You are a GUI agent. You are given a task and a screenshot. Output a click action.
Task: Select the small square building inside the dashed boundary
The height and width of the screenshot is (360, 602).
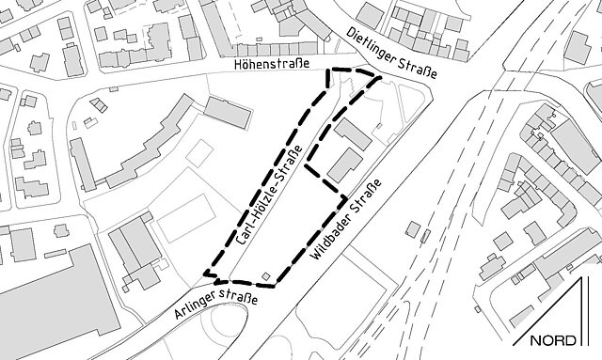(266, 276)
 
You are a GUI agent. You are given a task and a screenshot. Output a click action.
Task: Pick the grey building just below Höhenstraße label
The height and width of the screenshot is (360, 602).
(228, 113)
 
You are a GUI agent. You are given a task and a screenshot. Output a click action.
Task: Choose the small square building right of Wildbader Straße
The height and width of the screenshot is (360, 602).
(413, 228)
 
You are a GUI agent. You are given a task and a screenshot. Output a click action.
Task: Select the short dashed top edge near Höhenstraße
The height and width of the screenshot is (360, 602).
(349, 71)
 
